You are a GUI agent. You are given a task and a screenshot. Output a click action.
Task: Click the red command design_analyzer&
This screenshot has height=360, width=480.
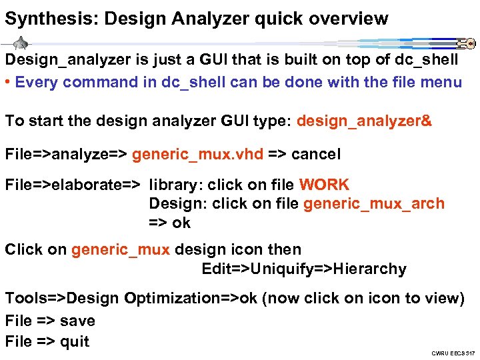click(x=364, y=121)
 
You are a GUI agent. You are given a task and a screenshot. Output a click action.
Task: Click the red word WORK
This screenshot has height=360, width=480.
click(x=324, y=185)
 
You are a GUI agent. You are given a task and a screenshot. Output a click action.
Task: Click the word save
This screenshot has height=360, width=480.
click(x=77, y=321)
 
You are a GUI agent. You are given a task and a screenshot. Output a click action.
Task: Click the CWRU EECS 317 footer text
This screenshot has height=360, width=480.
click(x=452, y=353)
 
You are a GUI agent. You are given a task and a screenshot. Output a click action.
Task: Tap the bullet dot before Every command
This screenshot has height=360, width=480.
click(x=7, y=83)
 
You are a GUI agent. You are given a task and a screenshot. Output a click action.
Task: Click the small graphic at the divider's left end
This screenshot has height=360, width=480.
click(x=21, y=43)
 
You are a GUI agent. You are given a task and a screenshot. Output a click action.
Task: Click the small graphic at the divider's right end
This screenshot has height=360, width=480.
click(x=465, y=44)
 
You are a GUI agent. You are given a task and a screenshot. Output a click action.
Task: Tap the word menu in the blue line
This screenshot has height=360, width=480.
click(x=439, y=83)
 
